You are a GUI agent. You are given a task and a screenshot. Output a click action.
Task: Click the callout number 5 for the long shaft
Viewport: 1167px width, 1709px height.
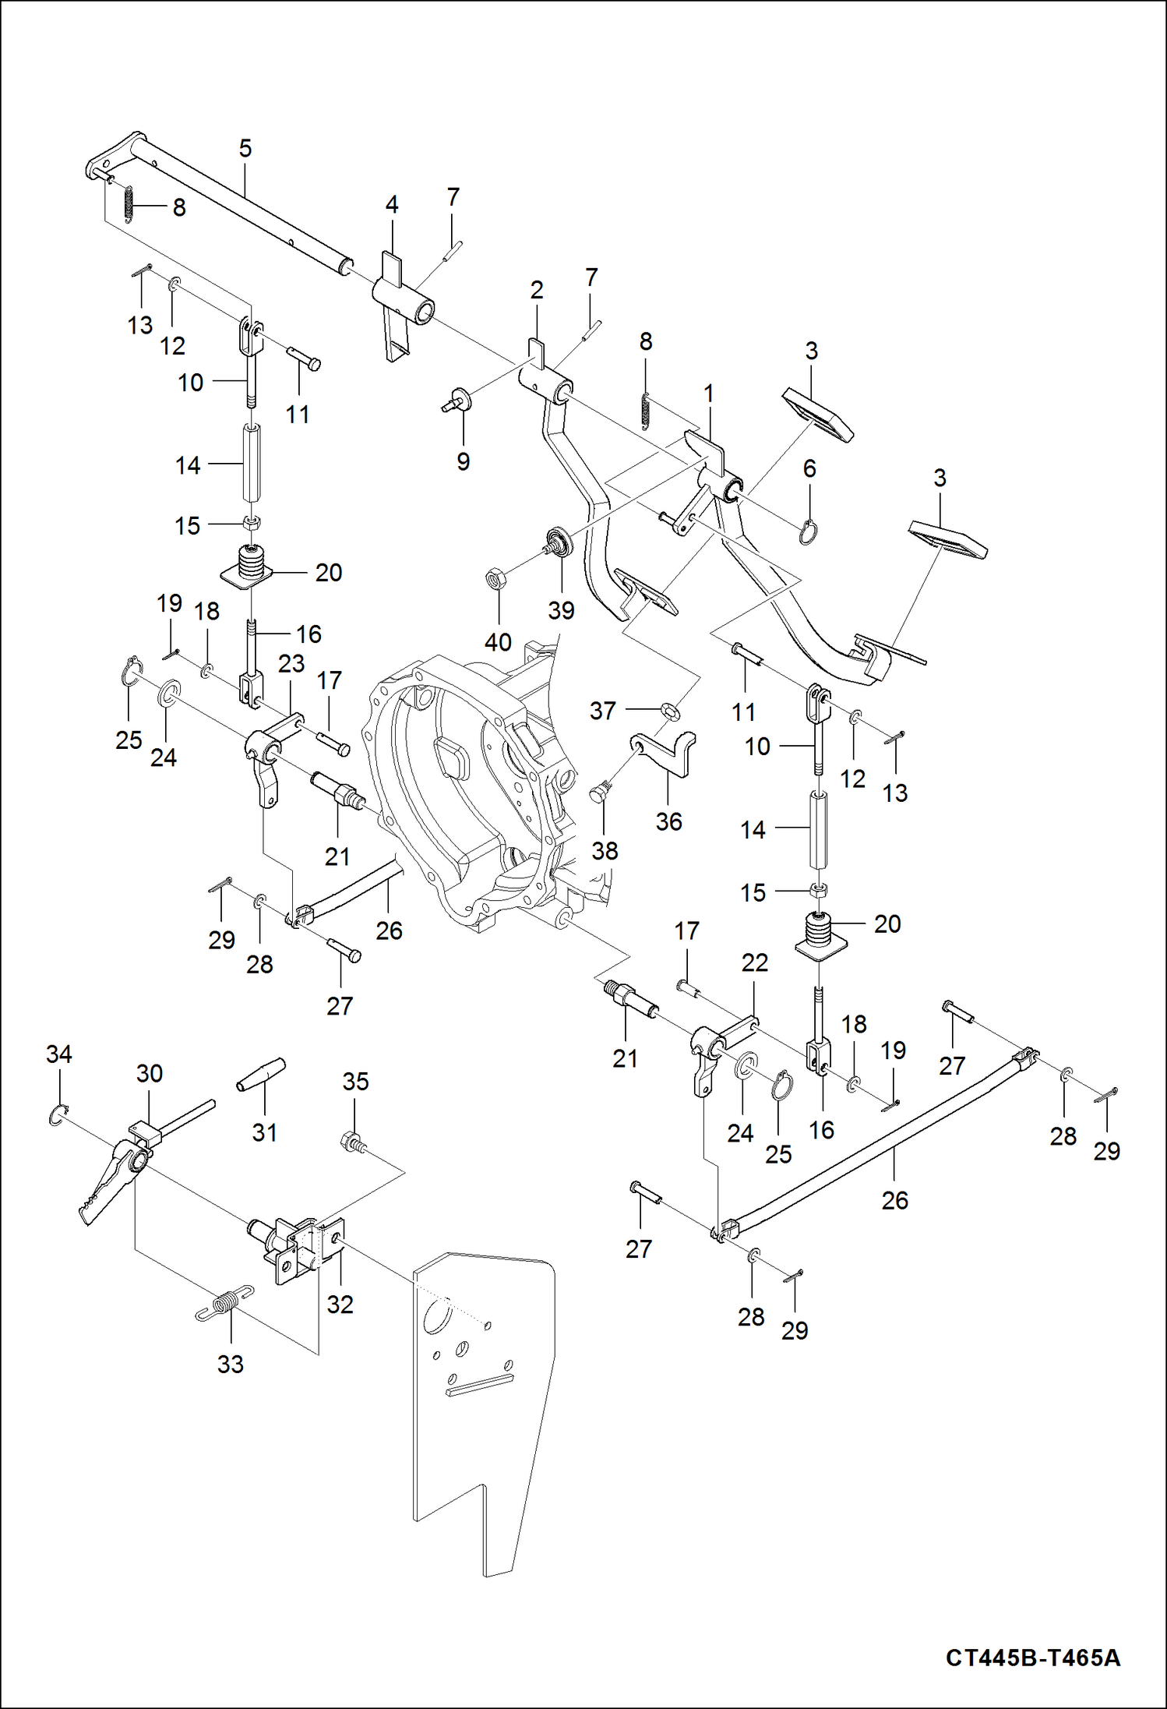(x=245, y=148)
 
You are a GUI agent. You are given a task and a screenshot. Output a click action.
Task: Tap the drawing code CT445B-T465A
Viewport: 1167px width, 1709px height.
(x=1032, y=1657)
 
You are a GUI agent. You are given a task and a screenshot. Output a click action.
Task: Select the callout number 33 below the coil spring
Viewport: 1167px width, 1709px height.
(x=230, y=1364)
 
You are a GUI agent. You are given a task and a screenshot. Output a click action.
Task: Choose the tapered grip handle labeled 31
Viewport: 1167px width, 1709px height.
(x=262, y=1075)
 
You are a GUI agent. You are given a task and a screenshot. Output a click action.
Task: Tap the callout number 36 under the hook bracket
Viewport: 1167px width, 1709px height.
(x=668, y=821)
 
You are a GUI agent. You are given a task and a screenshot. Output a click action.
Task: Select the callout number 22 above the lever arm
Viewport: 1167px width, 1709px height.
(x=754, y=962)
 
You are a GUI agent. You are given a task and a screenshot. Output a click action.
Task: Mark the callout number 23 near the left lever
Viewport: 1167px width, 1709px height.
(x=291, y=664)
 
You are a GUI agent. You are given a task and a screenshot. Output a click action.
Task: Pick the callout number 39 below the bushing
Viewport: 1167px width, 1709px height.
(x=561, y=610)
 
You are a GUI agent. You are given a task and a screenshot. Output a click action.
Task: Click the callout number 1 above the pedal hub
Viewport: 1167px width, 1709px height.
(x=708, y=394)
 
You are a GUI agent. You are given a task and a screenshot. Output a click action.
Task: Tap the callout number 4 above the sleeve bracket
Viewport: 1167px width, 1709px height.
(x=392, y=204)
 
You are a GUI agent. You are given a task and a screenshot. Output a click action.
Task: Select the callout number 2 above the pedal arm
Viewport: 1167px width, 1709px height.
(x=536, y=290)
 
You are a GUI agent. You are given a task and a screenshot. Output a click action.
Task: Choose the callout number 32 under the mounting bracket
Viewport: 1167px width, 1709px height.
(x=340, y=1304)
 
